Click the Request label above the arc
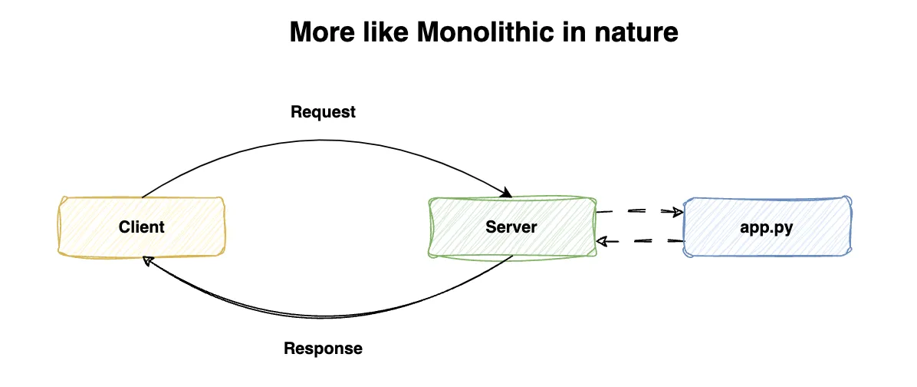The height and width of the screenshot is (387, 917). coord(323,112)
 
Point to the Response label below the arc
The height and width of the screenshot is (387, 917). coord(323,349)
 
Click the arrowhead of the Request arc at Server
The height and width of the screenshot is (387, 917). coord(506,193)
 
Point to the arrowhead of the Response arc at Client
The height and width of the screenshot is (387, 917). coord(148,261)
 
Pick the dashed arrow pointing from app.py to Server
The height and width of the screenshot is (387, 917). coord(641,241)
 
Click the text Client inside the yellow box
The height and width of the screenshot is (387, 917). coord(142,227)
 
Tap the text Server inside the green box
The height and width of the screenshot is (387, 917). coord(511,227)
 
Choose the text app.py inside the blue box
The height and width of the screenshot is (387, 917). coord(766,227)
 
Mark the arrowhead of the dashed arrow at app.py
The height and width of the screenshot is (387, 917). coord(678,211)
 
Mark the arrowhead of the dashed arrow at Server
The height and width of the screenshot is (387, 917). coord(603,241)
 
